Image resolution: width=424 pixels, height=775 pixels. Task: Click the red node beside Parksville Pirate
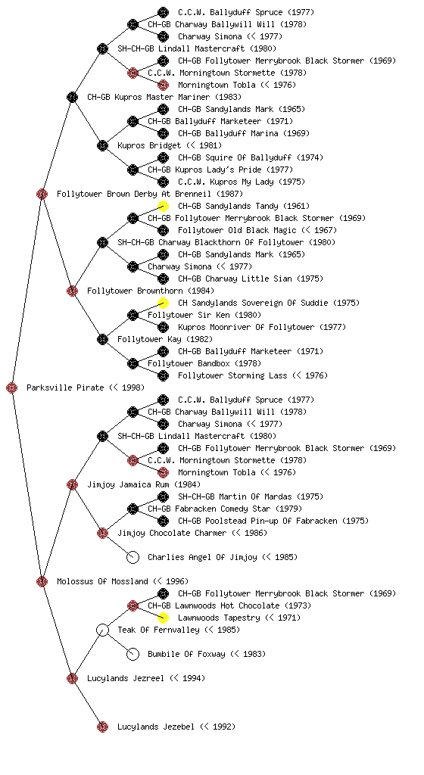tap(12, 388)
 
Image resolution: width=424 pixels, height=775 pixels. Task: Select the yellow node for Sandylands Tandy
tap(163, 206)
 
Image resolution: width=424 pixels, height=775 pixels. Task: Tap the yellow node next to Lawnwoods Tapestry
tap(163, 618)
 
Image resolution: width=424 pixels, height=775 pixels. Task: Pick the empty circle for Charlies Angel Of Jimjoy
tap(132, 557)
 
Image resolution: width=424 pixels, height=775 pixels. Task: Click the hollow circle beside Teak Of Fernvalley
tap(102, 630)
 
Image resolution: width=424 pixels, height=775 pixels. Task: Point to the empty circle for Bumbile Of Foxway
tap(132, 654)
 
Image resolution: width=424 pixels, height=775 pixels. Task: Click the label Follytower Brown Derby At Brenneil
tap(134, 194)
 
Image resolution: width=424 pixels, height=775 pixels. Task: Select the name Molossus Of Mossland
tap(102, 581)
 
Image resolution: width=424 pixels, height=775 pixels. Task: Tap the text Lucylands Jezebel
tap(156, 727)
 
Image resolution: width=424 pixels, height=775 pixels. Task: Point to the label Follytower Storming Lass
tap(232, 375)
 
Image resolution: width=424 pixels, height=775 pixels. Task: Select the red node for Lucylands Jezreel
tap(72, 678)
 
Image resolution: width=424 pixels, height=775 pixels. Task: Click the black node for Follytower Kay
tap(102, 339)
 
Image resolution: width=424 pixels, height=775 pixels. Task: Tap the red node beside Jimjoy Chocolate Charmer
tap(102, 533)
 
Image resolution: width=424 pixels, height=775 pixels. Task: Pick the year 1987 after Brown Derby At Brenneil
tap(229, 194)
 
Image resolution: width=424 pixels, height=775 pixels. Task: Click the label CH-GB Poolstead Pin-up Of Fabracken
tap(257, 521)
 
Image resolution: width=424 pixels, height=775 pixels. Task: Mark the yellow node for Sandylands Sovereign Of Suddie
tap(163, 303)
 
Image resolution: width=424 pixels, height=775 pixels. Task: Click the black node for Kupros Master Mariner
tap(72, 97)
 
